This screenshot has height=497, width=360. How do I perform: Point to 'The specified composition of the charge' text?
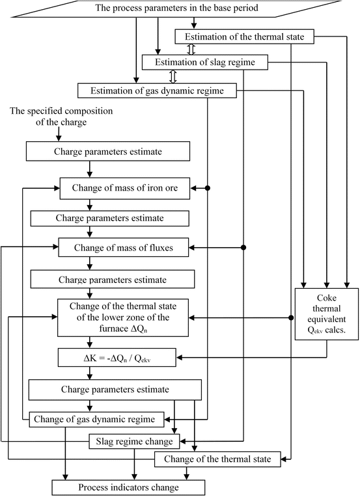(61, 117)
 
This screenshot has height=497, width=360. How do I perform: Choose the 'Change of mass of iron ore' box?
(125, 189)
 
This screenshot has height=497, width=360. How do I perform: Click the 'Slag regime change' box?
(133, 442)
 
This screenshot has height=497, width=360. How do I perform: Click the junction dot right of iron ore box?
(208, 189)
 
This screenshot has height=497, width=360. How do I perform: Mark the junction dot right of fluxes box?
(243, 247)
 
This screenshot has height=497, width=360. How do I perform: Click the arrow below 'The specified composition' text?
(59, 133)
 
